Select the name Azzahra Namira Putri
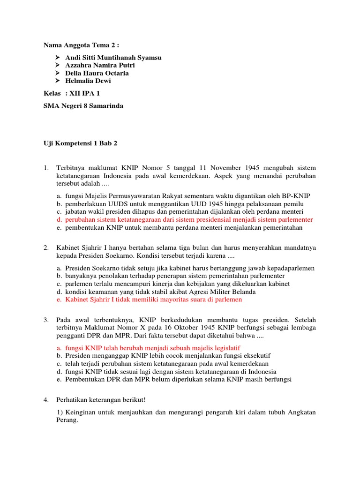pyautogui.click(x=100, y=66)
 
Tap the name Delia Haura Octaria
pyautogui.click(x=97, y=73)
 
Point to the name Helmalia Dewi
pyautogui.click(x=88, y=81)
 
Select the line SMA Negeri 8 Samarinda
pyautogui.click(x=83, y=106)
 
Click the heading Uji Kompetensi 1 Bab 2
pyautogui.click(x=80, y=143)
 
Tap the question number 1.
pyautogui.click(x=46, y=168)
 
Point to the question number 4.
pyautogui.click(x=46, y=399)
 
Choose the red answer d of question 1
pyautogui.click(x=189, y=219)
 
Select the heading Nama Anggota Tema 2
pyautogui.click(x=81, y=45)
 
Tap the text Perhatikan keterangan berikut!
pyautogui.click(x=101, y=399)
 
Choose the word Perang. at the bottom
pyautogui.click(x=67, y=420)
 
